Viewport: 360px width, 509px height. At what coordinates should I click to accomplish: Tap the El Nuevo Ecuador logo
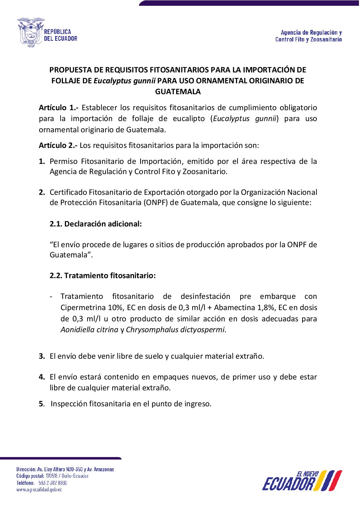(302, 481)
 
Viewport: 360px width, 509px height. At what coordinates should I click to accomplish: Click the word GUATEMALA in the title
(178, 92)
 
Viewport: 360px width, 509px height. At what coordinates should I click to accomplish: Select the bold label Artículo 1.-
(59, 108)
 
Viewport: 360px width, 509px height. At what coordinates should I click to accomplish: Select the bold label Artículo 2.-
(58, 146)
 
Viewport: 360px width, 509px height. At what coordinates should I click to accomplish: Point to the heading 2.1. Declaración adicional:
(96, 224)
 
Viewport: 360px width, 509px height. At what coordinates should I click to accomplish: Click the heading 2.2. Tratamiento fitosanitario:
(102, 276)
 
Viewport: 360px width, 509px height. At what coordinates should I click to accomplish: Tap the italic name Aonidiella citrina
(89, 330)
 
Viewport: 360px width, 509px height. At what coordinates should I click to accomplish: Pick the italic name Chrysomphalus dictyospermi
(176, 330)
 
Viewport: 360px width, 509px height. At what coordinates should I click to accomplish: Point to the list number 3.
(42, 356)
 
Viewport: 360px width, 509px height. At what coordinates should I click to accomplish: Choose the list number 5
(42, 404)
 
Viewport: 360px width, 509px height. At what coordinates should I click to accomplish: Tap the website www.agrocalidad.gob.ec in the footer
(39, 490)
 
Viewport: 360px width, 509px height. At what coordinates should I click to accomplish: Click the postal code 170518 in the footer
(51, 476)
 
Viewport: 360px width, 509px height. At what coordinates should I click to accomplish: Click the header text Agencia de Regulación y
(311, 33)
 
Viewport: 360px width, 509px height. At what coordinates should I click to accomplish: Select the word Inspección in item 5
(69, 404)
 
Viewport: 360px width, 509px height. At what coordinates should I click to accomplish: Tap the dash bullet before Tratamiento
(51, 296)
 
